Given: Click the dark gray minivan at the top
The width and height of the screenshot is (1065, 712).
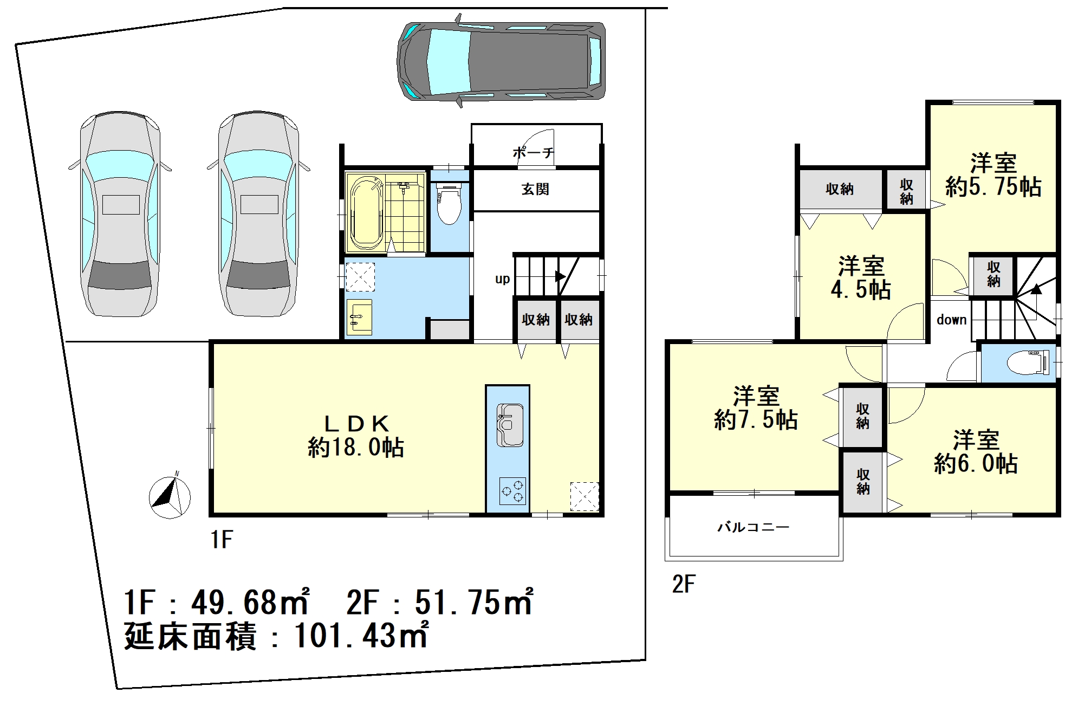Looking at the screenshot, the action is coord(501,61).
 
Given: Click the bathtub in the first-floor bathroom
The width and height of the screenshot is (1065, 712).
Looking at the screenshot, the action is coord(366,213).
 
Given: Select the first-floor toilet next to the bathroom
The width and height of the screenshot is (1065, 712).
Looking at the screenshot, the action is coord(449,205).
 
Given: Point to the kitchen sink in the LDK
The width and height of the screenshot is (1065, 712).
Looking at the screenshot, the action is coord(509,425).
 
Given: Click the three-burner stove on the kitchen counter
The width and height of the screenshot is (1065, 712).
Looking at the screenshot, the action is coord(512,491).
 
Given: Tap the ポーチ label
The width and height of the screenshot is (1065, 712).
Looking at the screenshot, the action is coord(534,153).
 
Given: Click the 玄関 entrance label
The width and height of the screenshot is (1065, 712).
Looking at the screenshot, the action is coord(535,189).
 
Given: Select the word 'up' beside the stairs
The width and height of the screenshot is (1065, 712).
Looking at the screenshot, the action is coord(502,280).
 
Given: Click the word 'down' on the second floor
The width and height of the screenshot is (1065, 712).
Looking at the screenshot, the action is coord(952,320).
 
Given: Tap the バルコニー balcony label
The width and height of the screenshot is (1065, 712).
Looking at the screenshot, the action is coord(753,527).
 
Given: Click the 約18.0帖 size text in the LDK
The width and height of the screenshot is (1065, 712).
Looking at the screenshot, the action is coord(356,448).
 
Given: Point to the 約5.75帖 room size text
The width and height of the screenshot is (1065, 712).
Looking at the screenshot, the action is coord(993,187).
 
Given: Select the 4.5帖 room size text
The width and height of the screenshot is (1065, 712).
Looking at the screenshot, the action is coord(861,290).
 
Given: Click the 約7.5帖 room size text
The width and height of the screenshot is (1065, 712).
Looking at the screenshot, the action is coord(756,420).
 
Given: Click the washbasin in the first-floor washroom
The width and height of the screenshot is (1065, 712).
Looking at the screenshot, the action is coord(359,317).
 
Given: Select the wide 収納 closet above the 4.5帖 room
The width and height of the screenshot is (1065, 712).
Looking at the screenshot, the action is coord(840,189).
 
